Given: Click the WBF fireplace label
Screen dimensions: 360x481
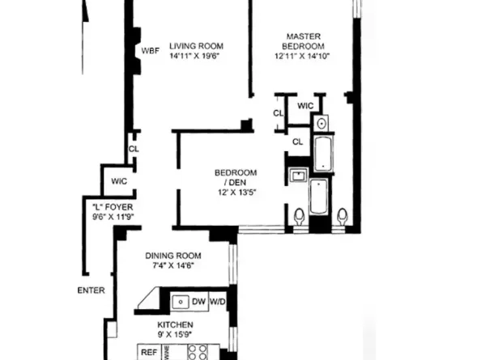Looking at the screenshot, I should pyautogui.click(x=151, y=50).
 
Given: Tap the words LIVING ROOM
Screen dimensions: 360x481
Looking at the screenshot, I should pyautogui.click(x=196, y=45).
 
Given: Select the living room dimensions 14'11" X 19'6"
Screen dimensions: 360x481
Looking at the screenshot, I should pyautogui.click(x=196, y=56).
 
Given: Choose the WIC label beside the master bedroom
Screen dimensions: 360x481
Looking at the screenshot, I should pyautogui.click(x=305, y=105).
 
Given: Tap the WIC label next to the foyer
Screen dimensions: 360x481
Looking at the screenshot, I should pyautogui.click(x=119, y=181).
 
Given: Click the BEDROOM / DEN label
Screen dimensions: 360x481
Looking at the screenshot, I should pyautogui.click(x=236, y=177).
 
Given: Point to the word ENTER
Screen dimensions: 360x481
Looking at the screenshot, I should pyautogui.click(x=91, y=290).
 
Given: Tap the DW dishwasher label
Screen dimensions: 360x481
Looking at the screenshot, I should pyautogui.click(x=198, y=302).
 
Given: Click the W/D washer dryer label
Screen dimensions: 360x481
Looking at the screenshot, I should pyautogui.click(x=219, y=302).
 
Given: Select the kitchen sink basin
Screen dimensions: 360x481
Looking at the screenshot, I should pyautogui.click(x=178, y=302).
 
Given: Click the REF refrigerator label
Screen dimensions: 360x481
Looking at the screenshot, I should pyautogui.click(x=149, y=352).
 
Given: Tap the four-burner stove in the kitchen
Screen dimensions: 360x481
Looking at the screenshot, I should pyautogui.click(x=198, y=352).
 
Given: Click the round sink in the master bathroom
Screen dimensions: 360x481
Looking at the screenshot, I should pyautogui.click(x=321, y=124).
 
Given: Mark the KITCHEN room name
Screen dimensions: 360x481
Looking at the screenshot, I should pyautogui.click(x=175, y=324).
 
